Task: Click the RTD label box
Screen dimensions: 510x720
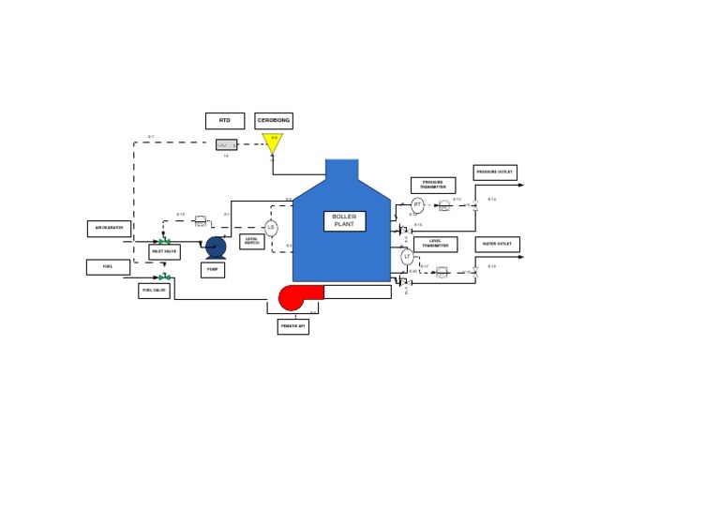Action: tap(225, 121)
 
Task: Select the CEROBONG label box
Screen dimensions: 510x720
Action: tap(274, 121)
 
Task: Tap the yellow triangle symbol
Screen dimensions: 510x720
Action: tap(273, 142)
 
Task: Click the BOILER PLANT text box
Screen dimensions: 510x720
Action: tap(344, 221)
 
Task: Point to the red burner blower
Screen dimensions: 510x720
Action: tap(292, 297)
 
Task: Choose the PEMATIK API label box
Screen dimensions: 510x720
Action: tap(292, 326)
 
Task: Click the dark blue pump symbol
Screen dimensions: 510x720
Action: tap(216, 247)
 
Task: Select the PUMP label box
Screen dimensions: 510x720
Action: tap(213, 270)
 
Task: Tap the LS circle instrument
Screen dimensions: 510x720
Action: tap(271, 228)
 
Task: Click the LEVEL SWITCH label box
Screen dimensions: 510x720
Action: tap(252, 242)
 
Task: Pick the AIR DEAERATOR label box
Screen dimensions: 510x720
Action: tap(109, 229)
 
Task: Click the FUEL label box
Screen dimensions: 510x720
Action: tap(108, 267)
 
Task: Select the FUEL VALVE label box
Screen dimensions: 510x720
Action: tap(154, 291)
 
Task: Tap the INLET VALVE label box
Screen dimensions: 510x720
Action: tap(164, 252)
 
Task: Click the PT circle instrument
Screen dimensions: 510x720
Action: tap(417, 205)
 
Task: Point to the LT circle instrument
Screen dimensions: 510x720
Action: tap(407, 257)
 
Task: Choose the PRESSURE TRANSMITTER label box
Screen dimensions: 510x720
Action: tap(433, 186)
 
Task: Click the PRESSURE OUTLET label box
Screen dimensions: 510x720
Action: tap(495, 172)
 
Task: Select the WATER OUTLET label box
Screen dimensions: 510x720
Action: tap(498, 245)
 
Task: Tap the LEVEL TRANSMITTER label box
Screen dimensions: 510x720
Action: tap(436, 245)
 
